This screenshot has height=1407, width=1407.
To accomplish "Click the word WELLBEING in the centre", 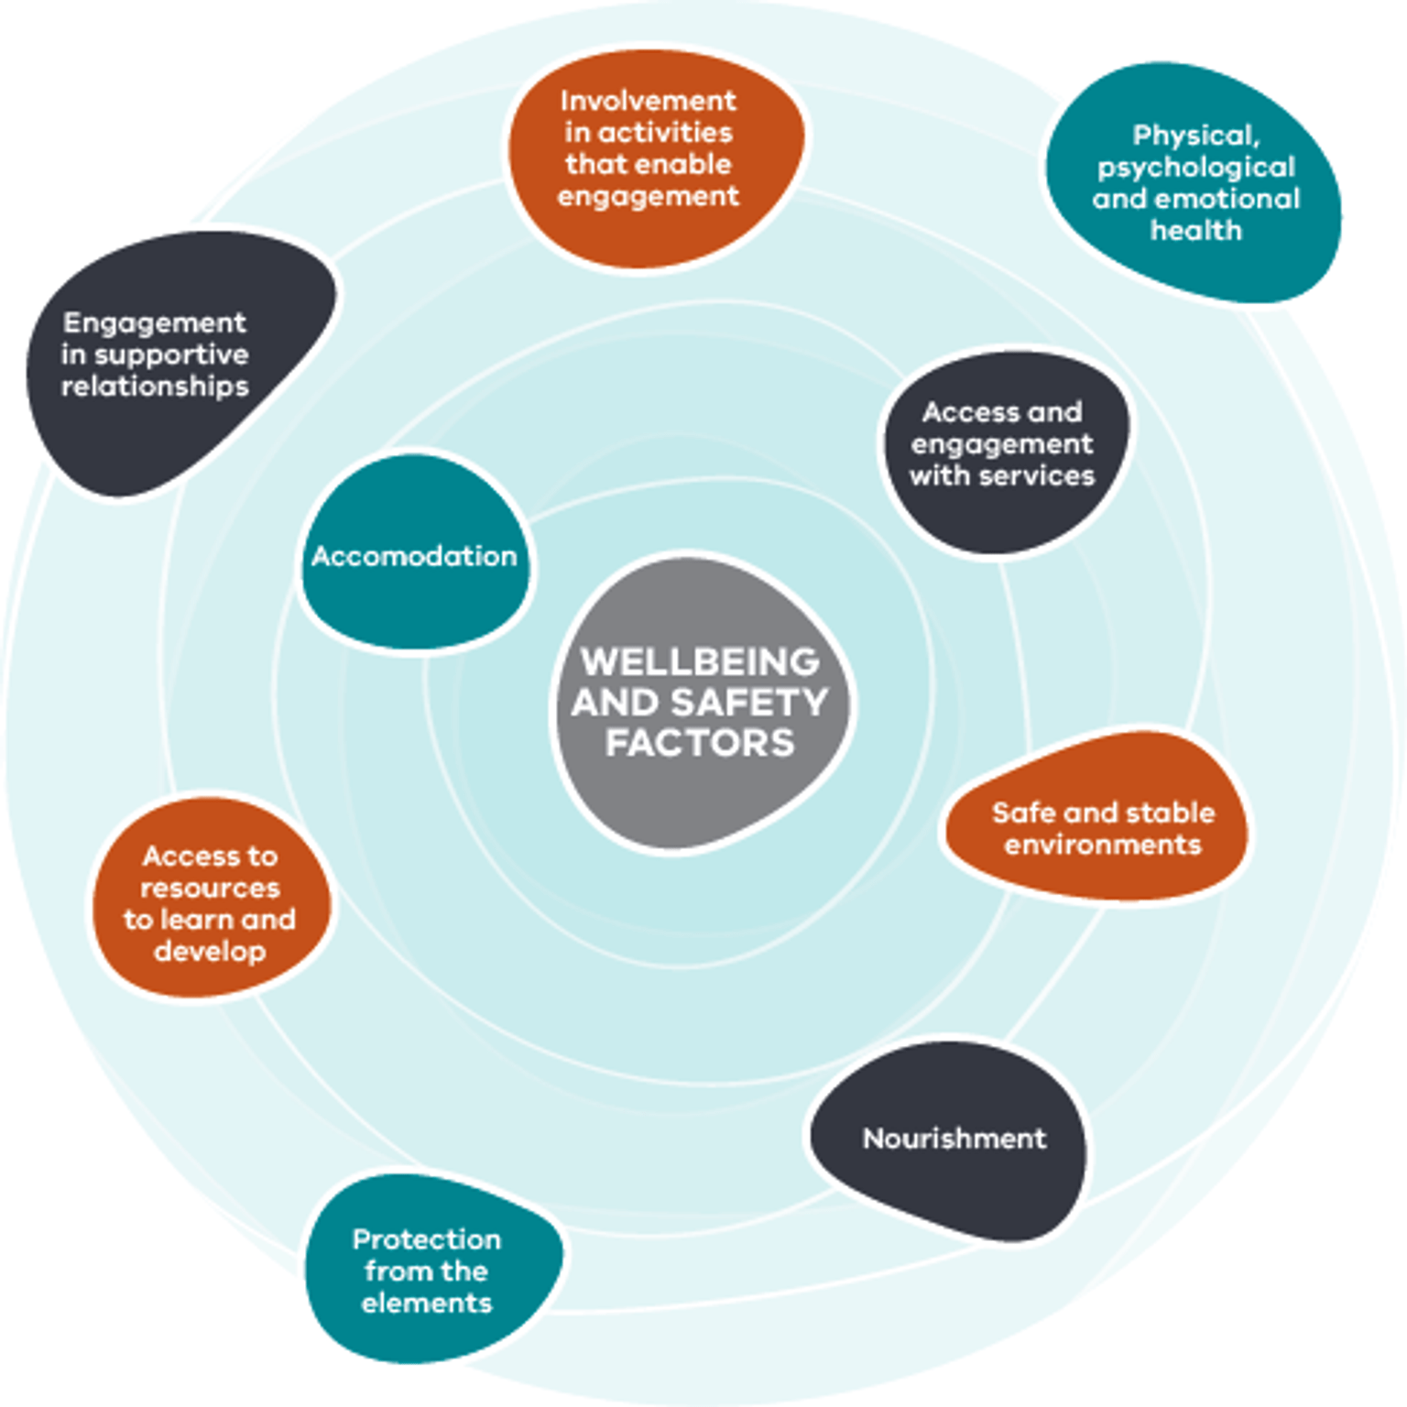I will pos(701,661).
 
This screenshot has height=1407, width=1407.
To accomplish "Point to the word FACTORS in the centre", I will pos(701,743).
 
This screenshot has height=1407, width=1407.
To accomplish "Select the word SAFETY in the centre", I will pos(749,703).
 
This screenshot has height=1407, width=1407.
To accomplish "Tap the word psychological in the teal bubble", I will pos(1196,168).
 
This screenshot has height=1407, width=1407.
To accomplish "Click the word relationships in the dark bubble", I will pos(155,387).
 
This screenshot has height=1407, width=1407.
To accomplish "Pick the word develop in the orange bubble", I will pos(210,952).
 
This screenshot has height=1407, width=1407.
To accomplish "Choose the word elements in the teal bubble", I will pos(427,1303).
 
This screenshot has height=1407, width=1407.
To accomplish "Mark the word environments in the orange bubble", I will pos(1103,845).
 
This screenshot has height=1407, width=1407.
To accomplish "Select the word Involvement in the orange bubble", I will pos(649,101).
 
